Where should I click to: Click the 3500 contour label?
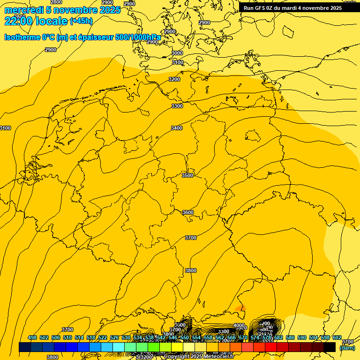pos(187,175)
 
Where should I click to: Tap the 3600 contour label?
pos(187,212)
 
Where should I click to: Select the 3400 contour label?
pos(177,128)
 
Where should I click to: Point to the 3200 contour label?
pos(174,79)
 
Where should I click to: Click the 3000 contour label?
pos(177,53)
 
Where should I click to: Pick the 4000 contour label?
pos(239,325)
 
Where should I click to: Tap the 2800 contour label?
pos(56,2)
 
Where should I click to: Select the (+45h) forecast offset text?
pos(81,21)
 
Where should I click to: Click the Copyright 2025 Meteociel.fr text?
pos(199,357)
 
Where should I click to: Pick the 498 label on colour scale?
pos(32,337)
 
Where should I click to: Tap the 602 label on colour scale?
pos(337,337)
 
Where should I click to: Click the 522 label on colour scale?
pos(103,337)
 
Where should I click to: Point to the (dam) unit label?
pos(347,348)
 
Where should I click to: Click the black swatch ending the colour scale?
pos(330,347)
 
